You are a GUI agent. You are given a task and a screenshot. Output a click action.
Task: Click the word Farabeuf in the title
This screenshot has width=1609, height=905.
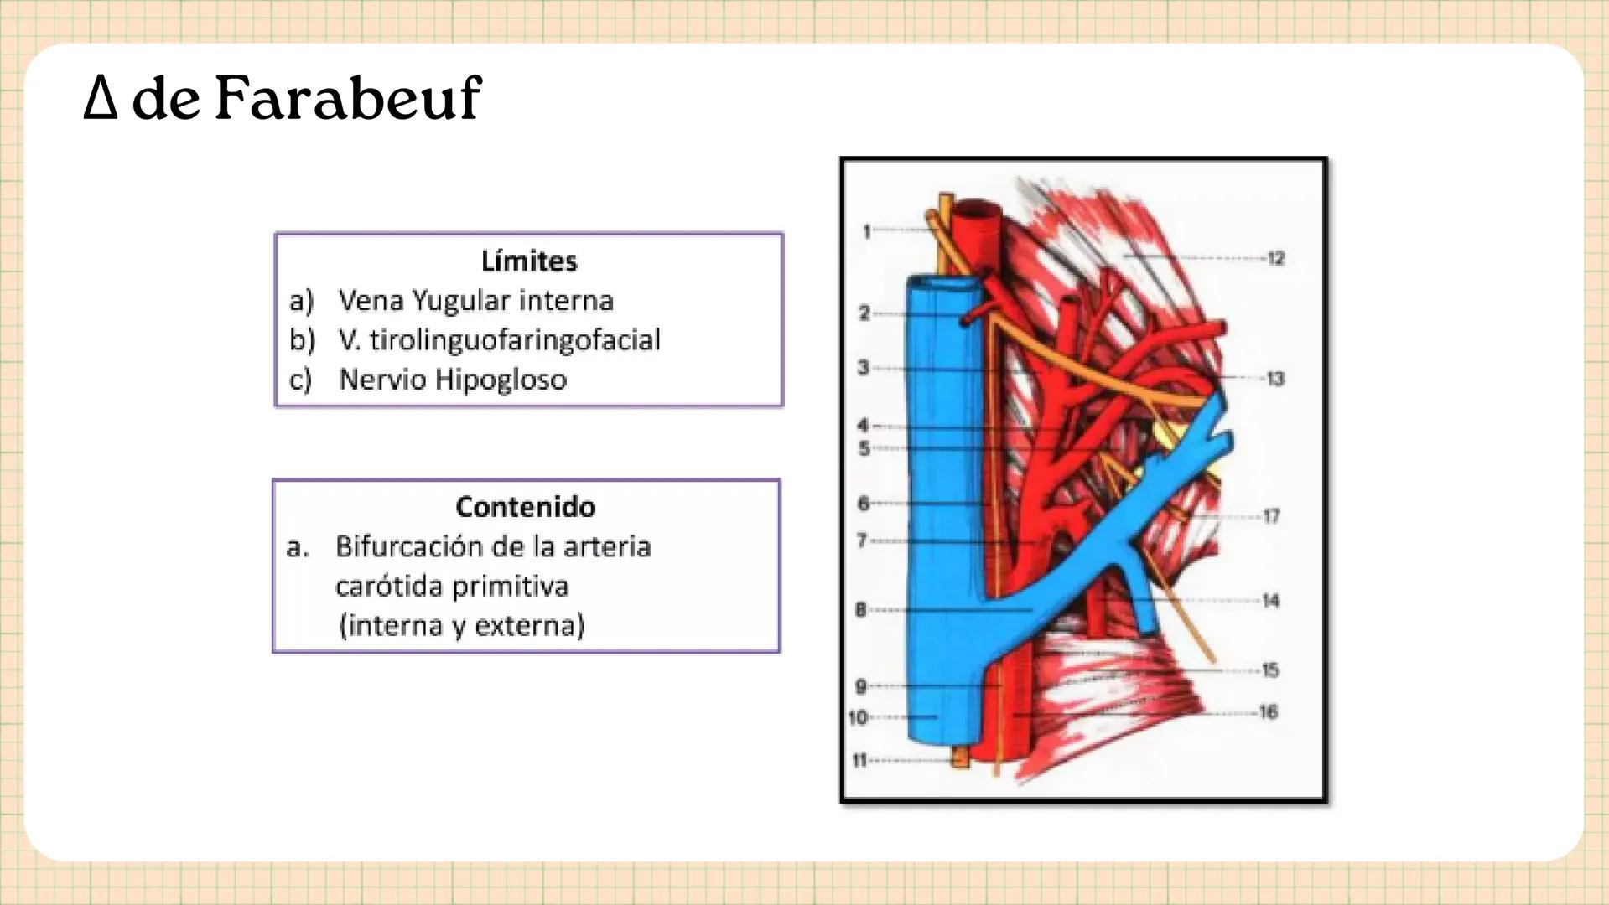point(348,99)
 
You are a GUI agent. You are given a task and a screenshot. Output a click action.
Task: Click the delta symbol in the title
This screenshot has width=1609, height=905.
point(100,99)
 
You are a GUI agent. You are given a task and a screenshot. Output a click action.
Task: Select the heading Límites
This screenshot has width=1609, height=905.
point(529,261)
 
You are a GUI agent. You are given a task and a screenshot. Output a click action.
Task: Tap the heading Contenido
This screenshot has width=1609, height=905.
point(526,506)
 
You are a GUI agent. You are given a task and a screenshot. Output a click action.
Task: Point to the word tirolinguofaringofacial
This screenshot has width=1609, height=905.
point(515,339)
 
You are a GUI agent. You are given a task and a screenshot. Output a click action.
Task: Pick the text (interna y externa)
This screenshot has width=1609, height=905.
point(461,625)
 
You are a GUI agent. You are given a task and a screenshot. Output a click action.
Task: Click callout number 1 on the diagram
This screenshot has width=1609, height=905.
point(867,230)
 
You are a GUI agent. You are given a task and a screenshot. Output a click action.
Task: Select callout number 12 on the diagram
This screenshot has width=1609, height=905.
point(1275,258)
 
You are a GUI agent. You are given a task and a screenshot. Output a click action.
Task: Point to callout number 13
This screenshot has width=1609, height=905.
point(1274,379)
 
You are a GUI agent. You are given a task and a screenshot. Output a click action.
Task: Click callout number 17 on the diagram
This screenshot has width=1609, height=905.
point(1271,516)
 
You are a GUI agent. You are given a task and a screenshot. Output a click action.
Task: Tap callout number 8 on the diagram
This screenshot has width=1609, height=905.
point(861,610)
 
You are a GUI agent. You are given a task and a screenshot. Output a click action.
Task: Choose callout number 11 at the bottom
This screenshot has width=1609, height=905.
point(859,761)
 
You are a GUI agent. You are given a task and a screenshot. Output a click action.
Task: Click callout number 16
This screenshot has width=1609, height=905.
point(1268,712)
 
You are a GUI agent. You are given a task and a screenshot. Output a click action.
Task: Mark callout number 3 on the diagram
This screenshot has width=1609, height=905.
point(864,367)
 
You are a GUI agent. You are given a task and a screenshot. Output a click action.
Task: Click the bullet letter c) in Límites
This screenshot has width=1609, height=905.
point(300,380)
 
